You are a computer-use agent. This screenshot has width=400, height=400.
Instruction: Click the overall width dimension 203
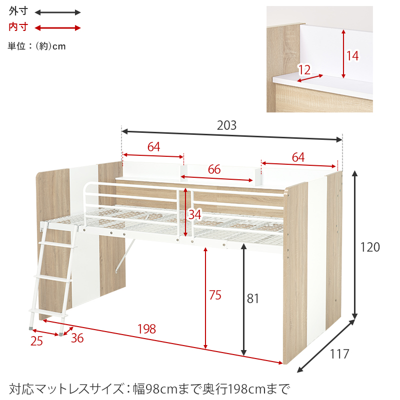point(226,126)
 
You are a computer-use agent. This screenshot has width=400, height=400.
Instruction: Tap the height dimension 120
point(370,247)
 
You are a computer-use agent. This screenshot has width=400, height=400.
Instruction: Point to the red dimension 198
point(146,329)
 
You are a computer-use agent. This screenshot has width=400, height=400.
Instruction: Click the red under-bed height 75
point(215,295)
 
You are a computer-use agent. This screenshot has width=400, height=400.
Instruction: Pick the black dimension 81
point(253,299)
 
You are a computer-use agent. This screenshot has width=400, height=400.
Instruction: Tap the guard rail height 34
point(195,214)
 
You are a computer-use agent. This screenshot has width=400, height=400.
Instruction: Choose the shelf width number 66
point(214,169)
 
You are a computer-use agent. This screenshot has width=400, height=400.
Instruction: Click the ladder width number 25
point(36,342)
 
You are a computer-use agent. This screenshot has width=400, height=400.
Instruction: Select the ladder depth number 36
point(77,338)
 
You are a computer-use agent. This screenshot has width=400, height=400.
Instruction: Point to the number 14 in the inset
point(352,56)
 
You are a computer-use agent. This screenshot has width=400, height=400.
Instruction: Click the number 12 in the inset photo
point(304,69)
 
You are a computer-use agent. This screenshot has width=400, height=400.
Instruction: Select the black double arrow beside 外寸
point(57,12)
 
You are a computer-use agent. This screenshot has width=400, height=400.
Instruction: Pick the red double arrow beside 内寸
point(57,28)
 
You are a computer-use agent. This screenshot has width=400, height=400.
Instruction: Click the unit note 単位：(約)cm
point(37,46)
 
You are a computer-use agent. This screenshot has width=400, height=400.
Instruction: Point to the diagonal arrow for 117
point(326,347)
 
